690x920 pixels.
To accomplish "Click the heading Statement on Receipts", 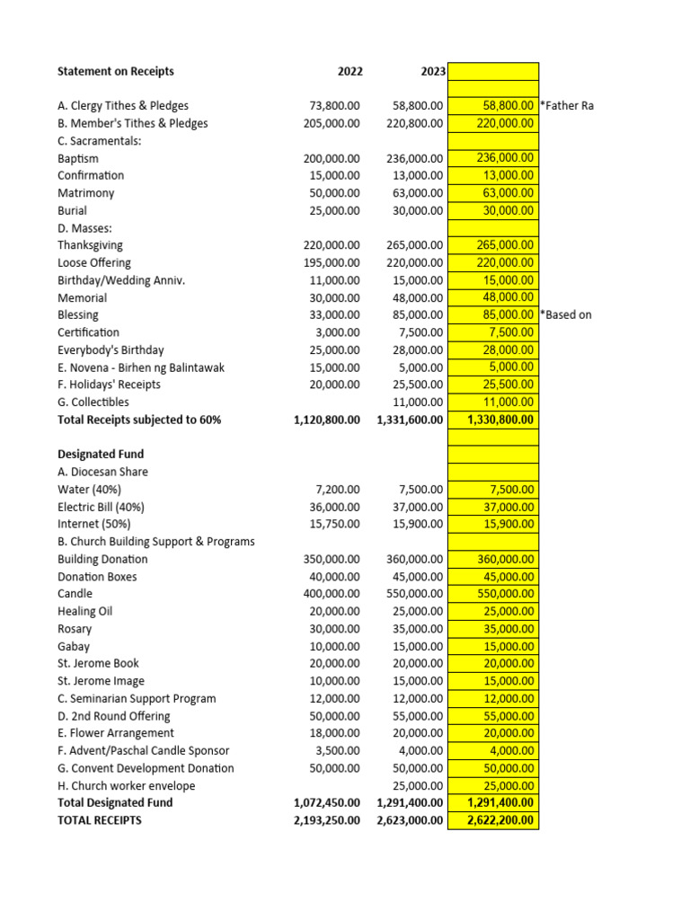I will [x=115, y=71].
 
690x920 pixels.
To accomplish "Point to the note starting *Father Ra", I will [x=567, y=106].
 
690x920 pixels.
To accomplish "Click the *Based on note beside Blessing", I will [x=566, y=315].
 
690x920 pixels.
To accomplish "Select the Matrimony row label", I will [x=85, y=193].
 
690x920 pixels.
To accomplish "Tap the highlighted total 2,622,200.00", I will [x=501, y=820].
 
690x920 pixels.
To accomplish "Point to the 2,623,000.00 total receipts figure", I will [x=410, y=820].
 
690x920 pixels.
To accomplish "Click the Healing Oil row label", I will [x=84, y=612].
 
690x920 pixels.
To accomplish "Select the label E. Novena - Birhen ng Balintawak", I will [x=140, y=367].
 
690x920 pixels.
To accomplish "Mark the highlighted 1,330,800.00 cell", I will [x=501, y=420].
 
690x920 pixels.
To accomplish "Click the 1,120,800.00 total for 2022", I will [x=327, y=420].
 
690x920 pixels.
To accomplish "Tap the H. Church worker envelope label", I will [x=126, y=786].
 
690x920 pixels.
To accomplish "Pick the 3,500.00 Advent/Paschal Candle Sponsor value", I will [x=338, y=751].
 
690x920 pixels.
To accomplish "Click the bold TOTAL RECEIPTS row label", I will [x=99, y=820].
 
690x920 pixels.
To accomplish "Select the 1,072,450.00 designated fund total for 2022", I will [x=327, y=803].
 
